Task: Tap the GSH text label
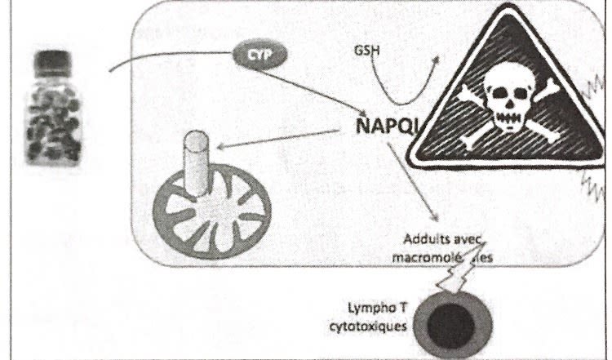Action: tap(366, 49)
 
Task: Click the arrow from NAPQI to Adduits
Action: tap(417, 183)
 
